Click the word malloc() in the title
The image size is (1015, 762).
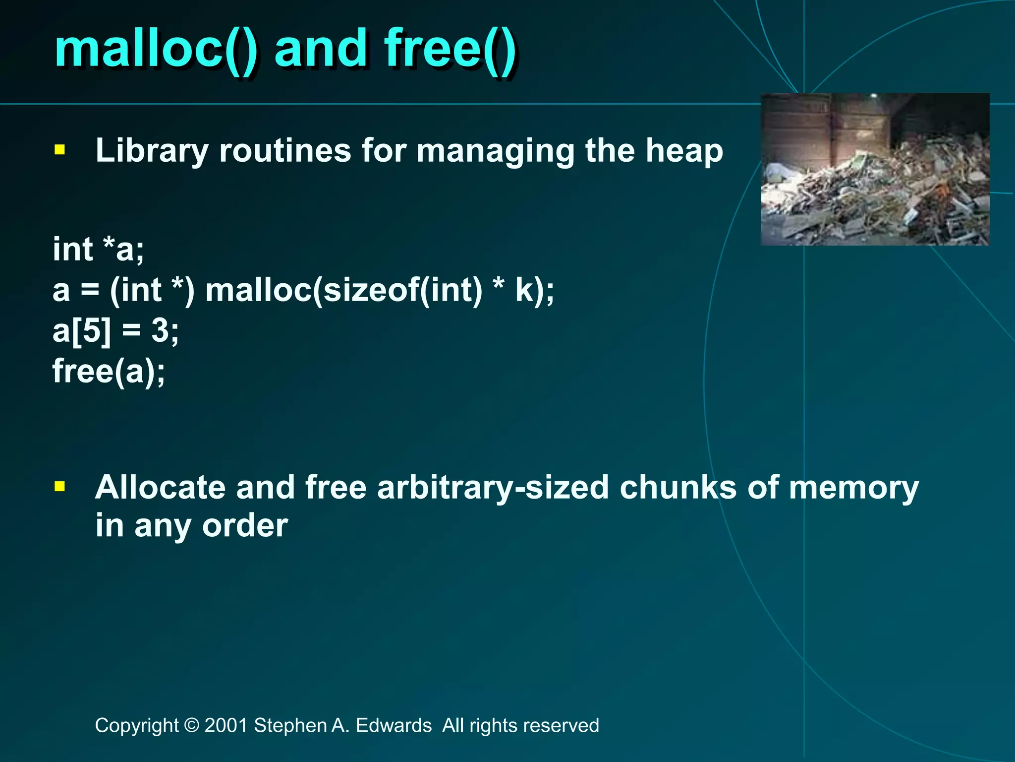tap(156, 50)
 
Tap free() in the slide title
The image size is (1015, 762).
tap(450, 50)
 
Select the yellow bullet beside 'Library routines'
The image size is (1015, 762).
tap(60, 150)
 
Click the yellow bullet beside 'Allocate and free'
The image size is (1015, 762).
tap(60, 487)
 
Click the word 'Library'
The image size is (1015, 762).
tap(151, 151)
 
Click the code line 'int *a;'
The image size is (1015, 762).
tap(99, 249)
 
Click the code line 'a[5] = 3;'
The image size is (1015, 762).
tap(115, 330)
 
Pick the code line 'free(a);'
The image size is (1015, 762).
tap(109, 371)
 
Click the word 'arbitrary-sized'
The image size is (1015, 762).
tap(493, 488)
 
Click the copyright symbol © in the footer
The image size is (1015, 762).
tap(191, 725)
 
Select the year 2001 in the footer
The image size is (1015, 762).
tap(226, 725)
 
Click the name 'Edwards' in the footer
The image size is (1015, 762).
tap(394, 725)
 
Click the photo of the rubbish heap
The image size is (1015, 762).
tap(875, 169)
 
